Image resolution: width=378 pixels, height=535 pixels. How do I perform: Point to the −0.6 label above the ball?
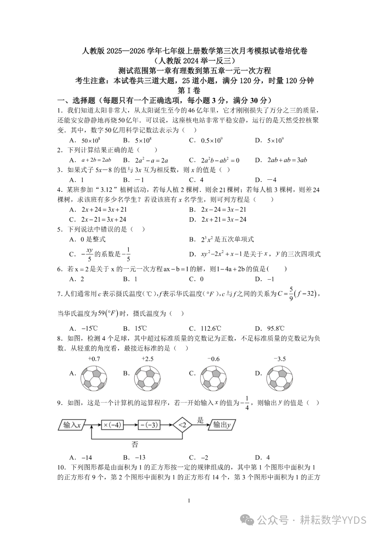point(213,359)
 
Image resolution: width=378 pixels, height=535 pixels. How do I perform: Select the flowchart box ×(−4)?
point(112,425)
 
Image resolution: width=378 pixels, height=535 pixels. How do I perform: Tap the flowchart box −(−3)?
point(149,425)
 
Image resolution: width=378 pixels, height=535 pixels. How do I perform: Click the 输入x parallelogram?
point(72,425)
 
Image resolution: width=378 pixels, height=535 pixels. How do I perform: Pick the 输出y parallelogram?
point(222,425)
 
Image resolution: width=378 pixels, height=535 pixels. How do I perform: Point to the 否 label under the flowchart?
point(135,445)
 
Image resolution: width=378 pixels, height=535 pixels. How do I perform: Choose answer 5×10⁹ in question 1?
point(275,140)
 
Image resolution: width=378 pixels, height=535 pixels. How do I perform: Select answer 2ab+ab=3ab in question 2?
point(287,160)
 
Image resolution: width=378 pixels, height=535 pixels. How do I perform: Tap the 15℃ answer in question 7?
point(140,328)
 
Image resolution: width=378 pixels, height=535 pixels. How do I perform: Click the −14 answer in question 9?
point(86,457)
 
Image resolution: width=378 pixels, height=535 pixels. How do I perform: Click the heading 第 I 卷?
point(189,90)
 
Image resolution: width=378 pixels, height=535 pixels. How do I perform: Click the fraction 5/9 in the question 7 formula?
point(291,295)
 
